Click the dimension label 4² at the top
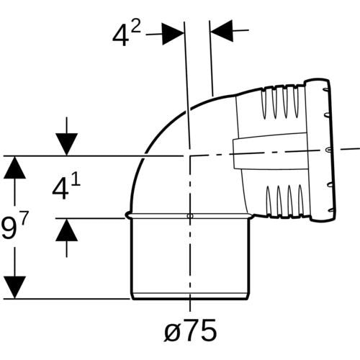(x=127, y=35)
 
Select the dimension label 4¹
(x=66, y=188)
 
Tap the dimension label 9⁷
(x=15, y=226)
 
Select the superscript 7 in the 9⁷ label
(x=24, y=217)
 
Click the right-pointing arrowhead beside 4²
(x=173, y=34)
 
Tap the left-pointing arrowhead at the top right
(x=222, y=31)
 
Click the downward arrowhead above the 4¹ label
(x=67, y=145)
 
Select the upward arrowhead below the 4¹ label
(x=67, y=230)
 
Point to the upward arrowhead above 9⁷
(x=14, y=167)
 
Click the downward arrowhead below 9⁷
(x=14, y=287)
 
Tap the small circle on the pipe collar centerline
(x=190, y=216)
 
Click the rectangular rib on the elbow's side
(x=270, y=152)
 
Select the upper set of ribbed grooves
(x=281, y=104)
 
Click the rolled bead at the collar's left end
(x=128, y=215)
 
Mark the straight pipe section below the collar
(x=190, y=256)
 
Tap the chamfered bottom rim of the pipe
(x=190, y=296)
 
